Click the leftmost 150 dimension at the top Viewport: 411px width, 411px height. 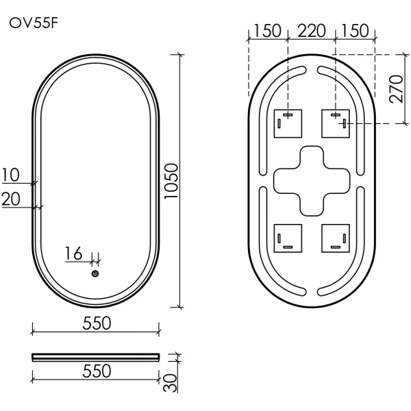click(267, 31)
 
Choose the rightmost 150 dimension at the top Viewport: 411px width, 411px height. click(355, 31)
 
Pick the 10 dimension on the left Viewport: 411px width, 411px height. click(11, 175)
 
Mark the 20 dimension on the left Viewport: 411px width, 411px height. click(11, 199)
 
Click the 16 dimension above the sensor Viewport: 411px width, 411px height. click(74, 254)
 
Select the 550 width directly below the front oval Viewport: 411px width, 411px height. click(97, 323)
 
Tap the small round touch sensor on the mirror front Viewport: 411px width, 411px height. click(95, 274)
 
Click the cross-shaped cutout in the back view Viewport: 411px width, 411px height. click(312, 180)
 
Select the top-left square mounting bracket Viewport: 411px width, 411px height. click(288, 123)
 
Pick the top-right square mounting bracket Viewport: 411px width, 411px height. click(336, 123)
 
